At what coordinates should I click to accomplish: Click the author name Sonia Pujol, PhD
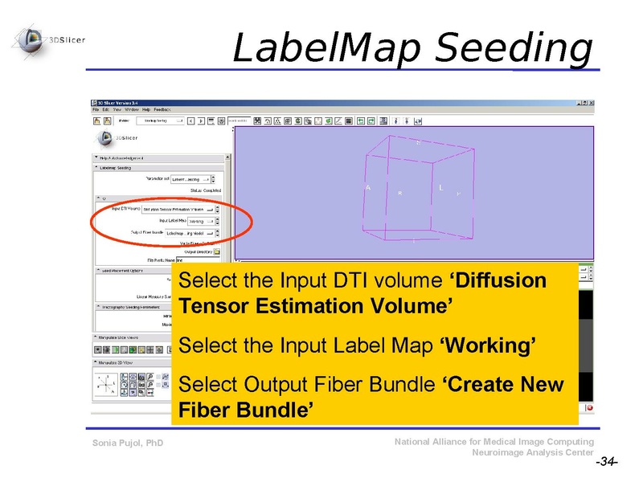tap(128, 443)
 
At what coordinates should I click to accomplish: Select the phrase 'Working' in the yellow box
tap(489, 345)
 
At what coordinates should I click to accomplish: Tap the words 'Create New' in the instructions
tap(504, 384)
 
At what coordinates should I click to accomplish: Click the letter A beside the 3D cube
tap(367, 188)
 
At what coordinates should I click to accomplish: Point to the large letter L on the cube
tap(441, 188)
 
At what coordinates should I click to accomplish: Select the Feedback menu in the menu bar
tap(162, 108)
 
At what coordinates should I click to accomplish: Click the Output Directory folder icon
tap(216, 251)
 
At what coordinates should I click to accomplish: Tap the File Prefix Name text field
tap(198, 259)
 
